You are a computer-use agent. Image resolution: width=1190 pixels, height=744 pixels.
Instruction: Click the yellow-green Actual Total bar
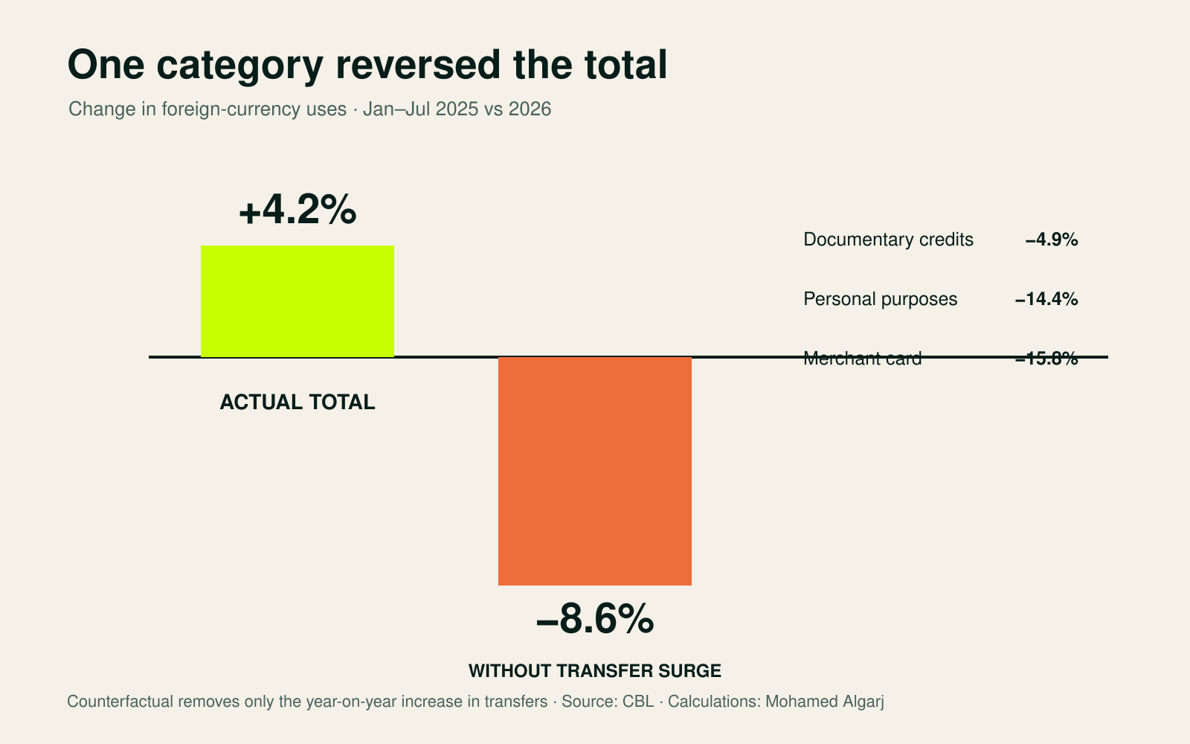point(297,301)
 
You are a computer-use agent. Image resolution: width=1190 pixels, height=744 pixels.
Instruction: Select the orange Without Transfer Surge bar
point(595,471)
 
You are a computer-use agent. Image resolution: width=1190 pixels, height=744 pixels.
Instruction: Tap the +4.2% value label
point(297,210)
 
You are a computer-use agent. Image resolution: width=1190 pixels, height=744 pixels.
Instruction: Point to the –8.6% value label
point(595,618)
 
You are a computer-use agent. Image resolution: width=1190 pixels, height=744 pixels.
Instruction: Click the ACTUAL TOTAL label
point(297,403)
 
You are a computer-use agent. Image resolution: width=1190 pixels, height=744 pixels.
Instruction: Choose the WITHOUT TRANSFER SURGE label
point(595,670)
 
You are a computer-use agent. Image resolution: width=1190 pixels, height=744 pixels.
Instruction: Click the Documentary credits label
point(888,240)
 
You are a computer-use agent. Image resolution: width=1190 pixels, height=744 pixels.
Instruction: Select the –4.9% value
point(1052,240)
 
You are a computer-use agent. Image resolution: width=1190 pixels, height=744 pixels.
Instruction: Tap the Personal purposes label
point(881,299)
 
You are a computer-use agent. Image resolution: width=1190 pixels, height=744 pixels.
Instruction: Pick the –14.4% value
point(1046,299)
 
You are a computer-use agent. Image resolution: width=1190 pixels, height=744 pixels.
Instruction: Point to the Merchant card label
point(862,359)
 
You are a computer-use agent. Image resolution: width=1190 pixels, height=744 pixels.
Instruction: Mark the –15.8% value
point(1046,359)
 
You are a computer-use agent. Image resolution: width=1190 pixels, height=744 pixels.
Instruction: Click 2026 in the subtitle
point(530,109)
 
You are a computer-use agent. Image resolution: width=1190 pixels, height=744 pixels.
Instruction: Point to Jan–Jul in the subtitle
point(397,109)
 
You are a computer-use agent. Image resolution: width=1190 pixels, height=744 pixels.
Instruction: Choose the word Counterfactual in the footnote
point(120,702)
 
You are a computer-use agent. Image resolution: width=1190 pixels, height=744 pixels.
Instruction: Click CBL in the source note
point(638,702)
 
